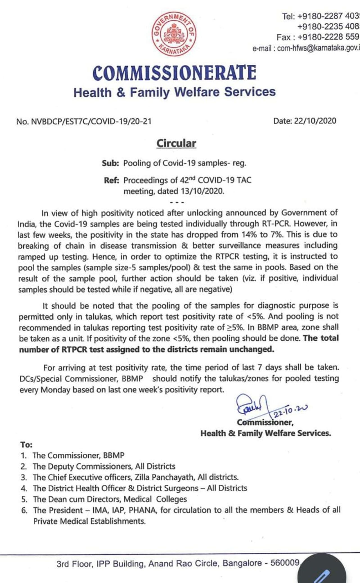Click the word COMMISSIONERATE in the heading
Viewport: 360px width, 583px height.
pos(174,73)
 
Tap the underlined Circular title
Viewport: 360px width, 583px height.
pos(176,143)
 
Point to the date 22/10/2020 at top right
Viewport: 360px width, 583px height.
pos(315,121)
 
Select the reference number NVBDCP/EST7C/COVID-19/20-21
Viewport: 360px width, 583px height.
pos(91,121)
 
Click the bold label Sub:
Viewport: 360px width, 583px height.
pos(111,163)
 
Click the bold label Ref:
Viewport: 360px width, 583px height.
pos(112,180)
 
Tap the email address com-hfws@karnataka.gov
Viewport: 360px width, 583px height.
pos(318,48)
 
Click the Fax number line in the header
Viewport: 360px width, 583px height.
pos(318,37)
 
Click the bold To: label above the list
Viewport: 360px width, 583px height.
pos(26,445)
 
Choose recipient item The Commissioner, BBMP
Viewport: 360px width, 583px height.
pos(78,455)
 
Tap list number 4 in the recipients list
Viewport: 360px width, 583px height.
pos(24,489)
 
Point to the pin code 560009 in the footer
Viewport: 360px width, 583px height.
pos(285,563)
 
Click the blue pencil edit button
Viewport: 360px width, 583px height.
pos(322,573)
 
